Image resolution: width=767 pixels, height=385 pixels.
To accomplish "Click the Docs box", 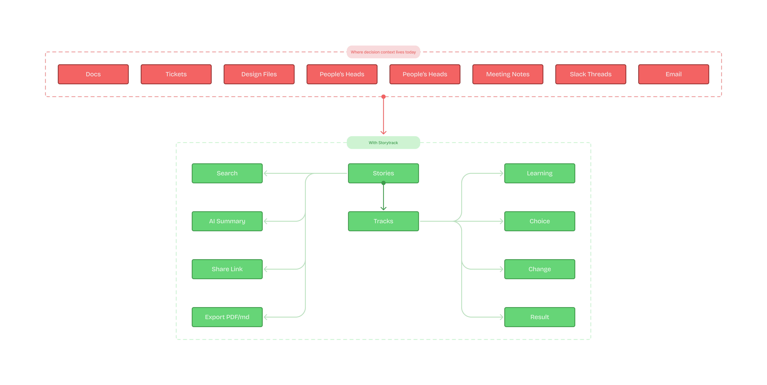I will (x=93, y=74).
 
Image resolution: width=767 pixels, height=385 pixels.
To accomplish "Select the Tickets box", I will (x=176, y=74).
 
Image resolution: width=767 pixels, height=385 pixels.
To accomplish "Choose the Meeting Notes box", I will (x=508, y=74).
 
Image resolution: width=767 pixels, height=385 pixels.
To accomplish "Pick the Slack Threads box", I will (x=590, y=74).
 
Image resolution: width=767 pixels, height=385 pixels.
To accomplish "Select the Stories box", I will (x=383, y=173).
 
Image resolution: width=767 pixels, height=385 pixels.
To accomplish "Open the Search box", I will (x=227, y=173).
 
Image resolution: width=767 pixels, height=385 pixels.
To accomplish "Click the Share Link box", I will (x=227, y=269).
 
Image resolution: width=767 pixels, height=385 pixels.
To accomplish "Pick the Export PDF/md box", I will (x=227, y=317).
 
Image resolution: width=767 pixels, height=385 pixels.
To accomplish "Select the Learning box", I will (x=539, y=173).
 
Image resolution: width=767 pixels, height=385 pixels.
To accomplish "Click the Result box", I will (x=539, y=317).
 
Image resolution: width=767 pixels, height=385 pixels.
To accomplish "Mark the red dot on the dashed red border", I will (x=383, y=97).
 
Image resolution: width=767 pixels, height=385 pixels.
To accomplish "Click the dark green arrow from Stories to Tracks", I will (x=383, y=197).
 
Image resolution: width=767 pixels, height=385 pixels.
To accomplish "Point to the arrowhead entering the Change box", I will (x=501, y=269).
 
